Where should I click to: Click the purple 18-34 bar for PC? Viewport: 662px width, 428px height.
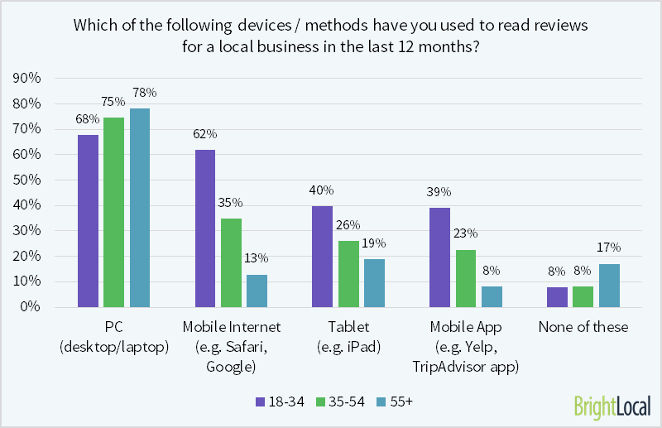[x=88, y=221]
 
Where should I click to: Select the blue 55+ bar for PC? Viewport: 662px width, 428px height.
[x=139, y=208]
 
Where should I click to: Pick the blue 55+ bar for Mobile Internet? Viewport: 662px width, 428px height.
[x=257, y=291]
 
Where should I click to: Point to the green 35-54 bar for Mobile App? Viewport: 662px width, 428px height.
[x=466, y=278]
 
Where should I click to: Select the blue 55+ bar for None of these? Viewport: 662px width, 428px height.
[x=609, y=286]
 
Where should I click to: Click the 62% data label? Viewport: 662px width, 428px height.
[x=205, y=133]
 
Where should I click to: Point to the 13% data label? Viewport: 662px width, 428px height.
[x=257, y=258]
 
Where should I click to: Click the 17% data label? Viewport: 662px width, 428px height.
[x=609, y=248]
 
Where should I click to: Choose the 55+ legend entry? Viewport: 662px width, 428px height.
[x=401, y=402]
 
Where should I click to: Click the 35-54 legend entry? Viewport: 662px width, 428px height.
[x=339, y=402]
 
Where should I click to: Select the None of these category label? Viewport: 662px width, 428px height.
[x=583, y=327]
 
